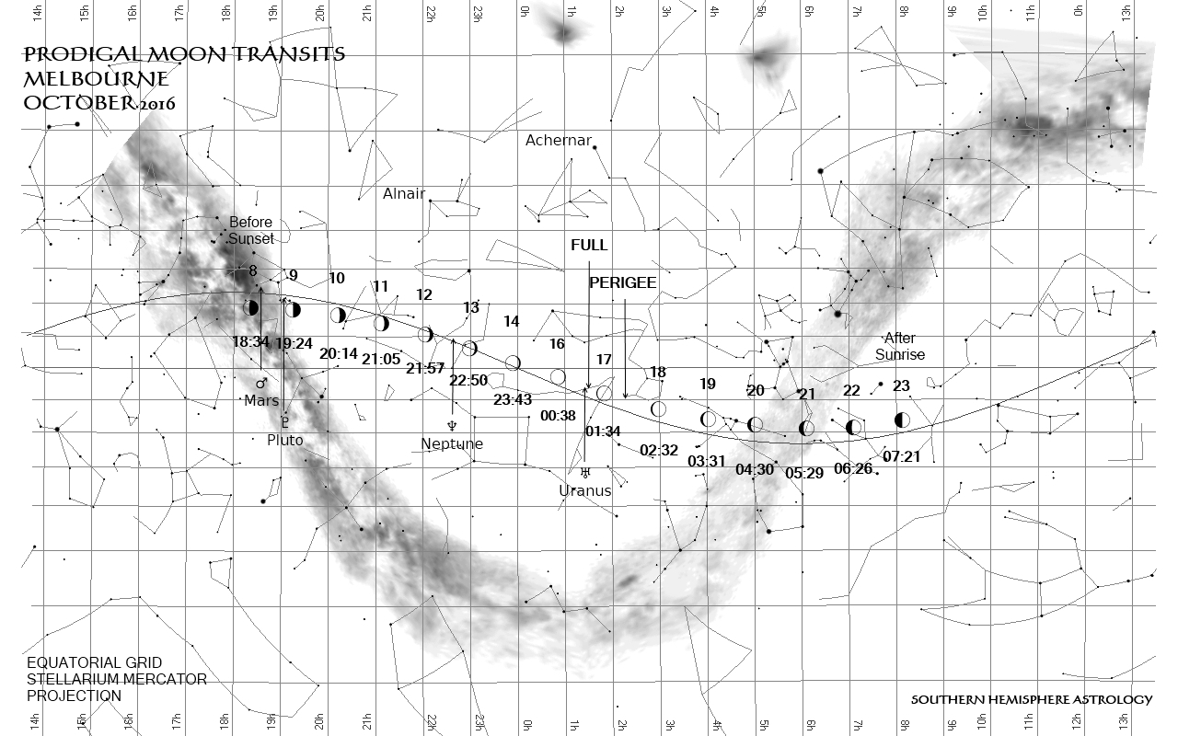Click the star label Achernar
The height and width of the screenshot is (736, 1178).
[x=559, y=141]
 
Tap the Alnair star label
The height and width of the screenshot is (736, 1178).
[x=404, y=194]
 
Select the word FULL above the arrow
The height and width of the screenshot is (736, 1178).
[x=589, y=246]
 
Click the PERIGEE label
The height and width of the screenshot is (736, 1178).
[x=623, y=283]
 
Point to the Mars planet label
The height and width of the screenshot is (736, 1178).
[x=261, y=400]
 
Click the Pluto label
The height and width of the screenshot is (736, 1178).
[x=285, y=441]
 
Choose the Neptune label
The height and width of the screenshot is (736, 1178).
[x=452, y=444]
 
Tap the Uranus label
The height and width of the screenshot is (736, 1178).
[x=585, y=490]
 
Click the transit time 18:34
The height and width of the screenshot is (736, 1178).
[x=250, y=341]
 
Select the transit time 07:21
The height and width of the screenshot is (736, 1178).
[x=902, y=456]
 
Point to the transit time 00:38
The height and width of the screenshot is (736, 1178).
[x=559, y=416]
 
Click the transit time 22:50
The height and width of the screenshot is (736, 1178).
[x=468, y=381]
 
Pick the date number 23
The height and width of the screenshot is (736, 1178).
[x=901, y=386]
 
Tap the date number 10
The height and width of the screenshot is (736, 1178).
[x=337, y=279]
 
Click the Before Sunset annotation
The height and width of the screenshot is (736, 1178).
[x=251, y=230]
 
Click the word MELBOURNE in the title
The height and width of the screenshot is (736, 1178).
[x=96, y=78]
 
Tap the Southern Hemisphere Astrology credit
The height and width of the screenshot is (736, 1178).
[x=1031, y=700]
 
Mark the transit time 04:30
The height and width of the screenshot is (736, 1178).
[x=755, y=470]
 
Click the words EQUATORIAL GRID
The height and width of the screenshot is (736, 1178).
[x=95, y=663]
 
